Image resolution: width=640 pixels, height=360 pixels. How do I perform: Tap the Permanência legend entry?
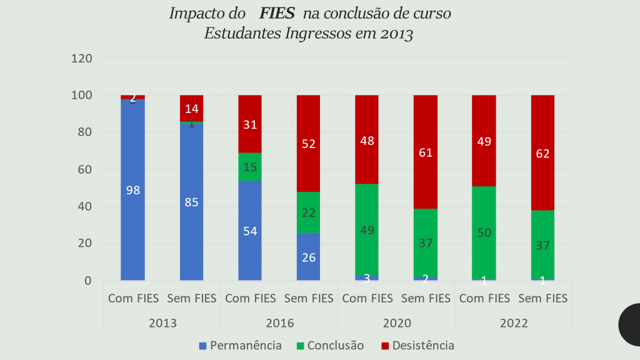[240, 346]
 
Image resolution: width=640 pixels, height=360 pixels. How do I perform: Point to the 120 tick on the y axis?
[82, 59]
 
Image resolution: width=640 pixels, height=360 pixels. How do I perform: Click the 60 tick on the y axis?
[85, 169]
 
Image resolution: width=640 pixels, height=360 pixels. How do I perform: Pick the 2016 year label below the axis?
[279, 324]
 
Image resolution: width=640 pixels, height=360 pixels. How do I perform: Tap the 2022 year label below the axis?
[513, 324]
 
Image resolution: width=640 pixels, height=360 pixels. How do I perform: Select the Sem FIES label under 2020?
[426, 299]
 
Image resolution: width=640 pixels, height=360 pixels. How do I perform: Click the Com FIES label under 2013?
[133, 299]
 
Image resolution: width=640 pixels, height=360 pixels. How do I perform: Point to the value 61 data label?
[426, 152]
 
